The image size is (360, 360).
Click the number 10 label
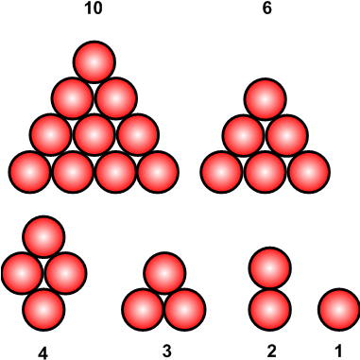pyautogui.click(x=94, y=9)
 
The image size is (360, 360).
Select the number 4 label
pyautogui.click(x=43, y=352)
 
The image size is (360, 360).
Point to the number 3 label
pyautogui.click(x=166, y=352)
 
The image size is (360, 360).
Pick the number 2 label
pyautogui.click(x=271, y=352)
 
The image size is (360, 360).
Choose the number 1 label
pyautogui.click(x=337, y=352)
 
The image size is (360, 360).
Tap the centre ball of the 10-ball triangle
pyautogui.click(x=94, y=134)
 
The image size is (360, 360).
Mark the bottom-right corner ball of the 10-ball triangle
pyautogui.click(x=159, y=172)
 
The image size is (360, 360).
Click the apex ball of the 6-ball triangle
pyautogui.click(x=265, y=97)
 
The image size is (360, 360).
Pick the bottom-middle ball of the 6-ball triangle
pyautogui.click(x=265, y=172)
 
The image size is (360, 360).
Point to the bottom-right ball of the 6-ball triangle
pyautogui.click(x=308, y=172)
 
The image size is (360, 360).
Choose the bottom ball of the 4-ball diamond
pyautogui.click(x=43, y=308)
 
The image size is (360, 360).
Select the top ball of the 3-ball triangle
pyautogui.click(x=164, y=272)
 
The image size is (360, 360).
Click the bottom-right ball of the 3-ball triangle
pyautogui.click(x=185, y=308)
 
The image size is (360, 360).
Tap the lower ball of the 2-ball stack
pyautogui.click(x=270, y=308)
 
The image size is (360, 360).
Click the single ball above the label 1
pyautogui.click(x=337, y=308)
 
